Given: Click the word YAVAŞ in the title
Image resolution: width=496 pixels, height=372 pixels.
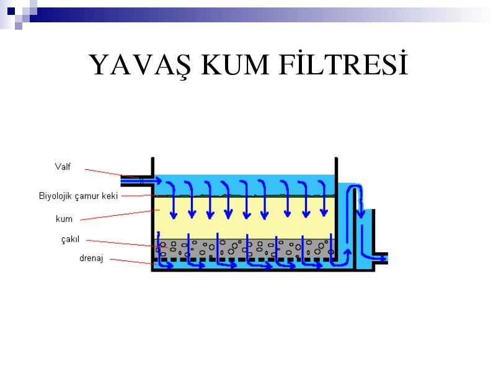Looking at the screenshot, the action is click(140, 66).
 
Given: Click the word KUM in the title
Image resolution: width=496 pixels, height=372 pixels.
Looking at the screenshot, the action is click(236, 65).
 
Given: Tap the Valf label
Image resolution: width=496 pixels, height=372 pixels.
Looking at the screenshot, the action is click(63, 167).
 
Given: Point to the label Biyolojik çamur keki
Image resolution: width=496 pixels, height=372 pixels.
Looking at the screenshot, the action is click(78, 196).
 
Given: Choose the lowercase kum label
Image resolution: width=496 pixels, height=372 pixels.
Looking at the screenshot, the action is click(64, 219).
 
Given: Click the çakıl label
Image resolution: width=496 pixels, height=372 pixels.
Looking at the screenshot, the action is click(70, 239).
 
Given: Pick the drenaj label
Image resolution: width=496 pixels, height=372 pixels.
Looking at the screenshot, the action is click(91, 259).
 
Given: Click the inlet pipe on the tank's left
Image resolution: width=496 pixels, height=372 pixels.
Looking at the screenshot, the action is click(137, 180).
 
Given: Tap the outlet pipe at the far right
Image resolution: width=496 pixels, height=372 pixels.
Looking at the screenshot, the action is click(379, 259).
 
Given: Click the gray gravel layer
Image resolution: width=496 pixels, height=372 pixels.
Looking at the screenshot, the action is click(244, 248).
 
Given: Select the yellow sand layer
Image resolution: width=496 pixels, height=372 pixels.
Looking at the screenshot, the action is click(244, 218).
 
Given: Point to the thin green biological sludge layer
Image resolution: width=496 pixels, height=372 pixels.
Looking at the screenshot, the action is click(244, 196).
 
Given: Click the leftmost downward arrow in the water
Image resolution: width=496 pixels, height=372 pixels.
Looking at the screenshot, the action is click(173, 199).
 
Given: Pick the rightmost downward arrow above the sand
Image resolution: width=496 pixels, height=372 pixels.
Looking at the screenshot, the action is click(323, 198).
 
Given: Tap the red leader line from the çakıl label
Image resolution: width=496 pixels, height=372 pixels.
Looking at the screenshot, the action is click(126, 244).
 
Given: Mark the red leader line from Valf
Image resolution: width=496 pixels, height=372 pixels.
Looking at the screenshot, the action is click(114, 174).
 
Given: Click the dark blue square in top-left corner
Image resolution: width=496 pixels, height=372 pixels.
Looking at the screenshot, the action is click(11, 11).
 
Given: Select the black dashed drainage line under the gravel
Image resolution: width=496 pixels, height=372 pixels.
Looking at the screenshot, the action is click(244, 260).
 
